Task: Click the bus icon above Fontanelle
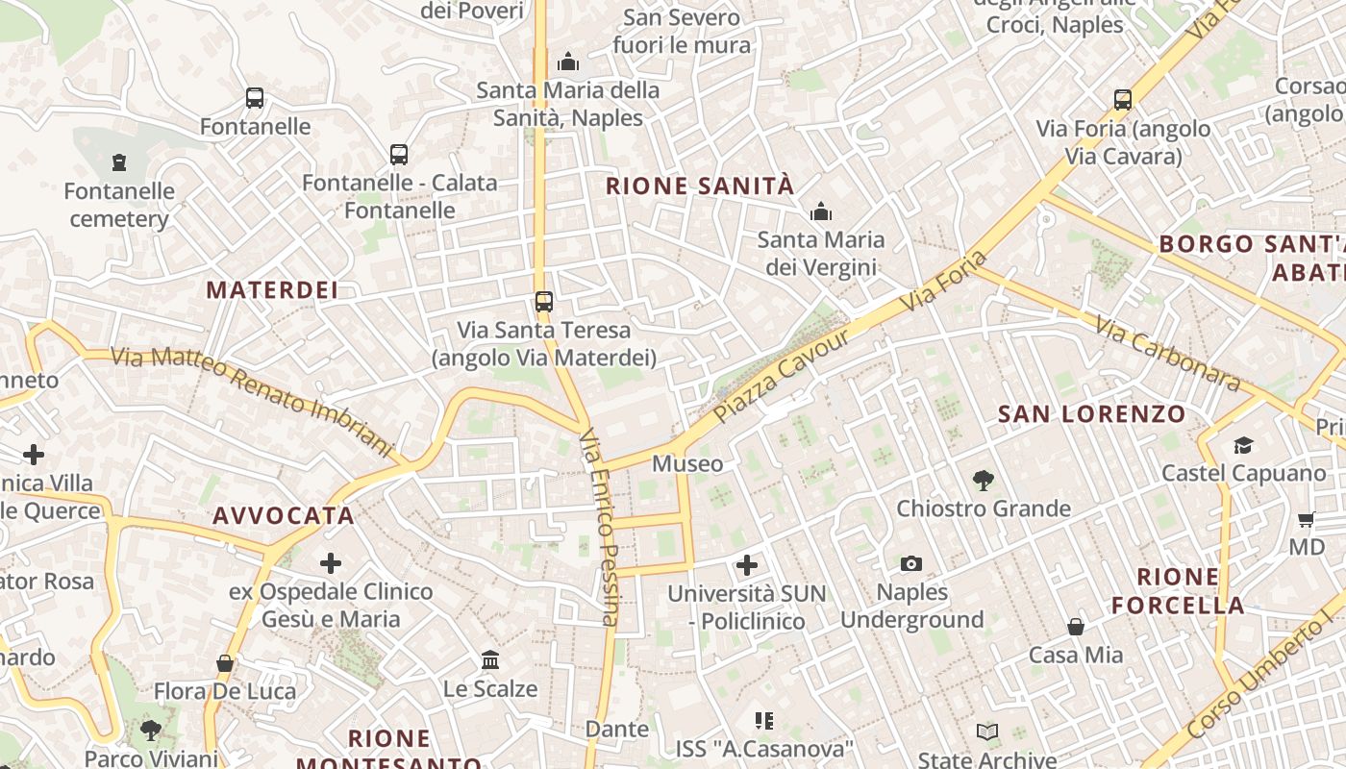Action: [255, 98]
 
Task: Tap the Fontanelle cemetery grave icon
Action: [119, 162]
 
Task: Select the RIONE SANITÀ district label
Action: [700, 186]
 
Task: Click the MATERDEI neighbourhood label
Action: [272, 289]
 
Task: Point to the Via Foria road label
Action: [945, 280]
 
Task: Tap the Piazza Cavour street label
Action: [783, 376]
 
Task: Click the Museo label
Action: [687, 463]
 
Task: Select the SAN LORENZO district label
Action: [1092, 414]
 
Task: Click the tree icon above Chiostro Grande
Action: [983, 480]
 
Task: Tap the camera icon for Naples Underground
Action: [911, 563]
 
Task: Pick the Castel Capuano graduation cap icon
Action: [1243, 445]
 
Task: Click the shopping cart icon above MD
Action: [1306, 519]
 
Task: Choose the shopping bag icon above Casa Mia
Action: [1076, 627]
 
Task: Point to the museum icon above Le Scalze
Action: [490, 660]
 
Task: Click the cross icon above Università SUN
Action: [747, 565]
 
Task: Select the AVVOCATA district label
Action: [284, 516]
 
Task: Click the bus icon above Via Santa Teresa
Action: [544, 302]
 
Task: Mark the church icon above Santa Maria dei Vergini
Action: [821, 211]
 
